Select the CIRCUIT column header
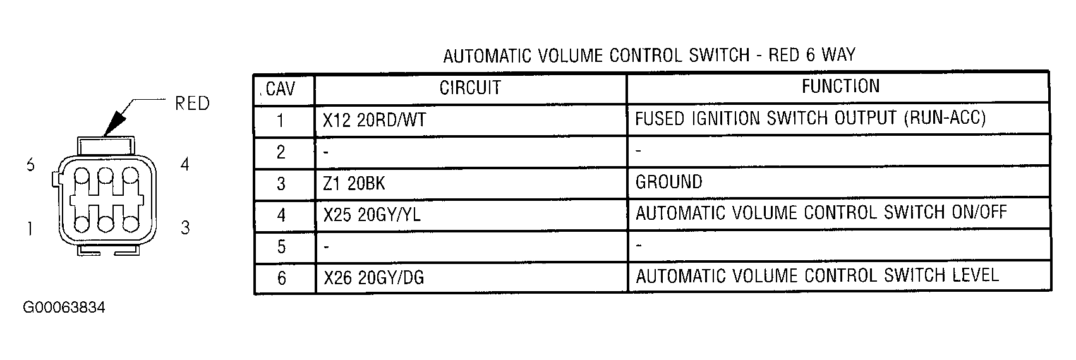click(x=470, y=88)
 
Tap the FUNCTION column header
click(x=840, y=87)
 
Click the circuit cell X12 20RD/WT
click(x=374, y=120)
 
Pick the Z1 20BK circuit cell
click(x=354, y=183)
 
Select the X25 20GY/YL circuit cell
click(x=372, y=215)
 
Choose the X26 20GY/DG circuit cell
click(x=373, y=278)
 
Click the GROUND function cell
click(x=668, y=182)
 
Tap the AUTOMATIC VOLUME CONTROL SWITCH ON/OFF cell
click(x=821, y=213)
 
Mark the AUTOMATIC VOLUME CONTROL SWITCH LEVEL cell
click(x=817, y=276)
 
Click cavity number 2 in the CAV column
click(x=281, y=152)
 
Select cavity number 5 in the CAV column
click(x=282, y=247)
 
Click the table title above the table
click(x=649, y=56)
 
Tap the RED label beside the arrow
click(x=192, y=104)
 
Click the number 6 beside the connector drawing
click(x=31, y=165)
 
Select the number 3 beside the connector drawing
click(x=185, y=227)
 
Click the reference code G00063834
click(x=64, y=308)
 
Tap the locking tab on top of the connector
click(x=106, y=145)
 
